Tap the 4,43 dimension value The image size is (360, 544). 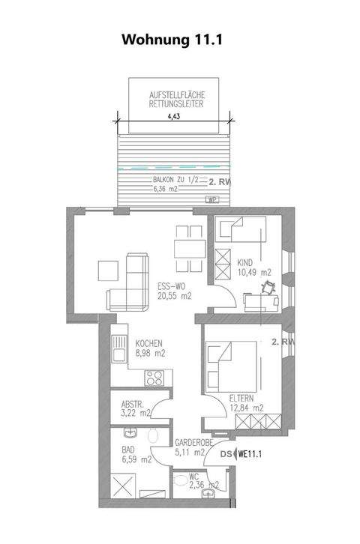tap(173, 116)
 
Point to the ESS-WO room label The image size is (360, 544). tap(172, 286)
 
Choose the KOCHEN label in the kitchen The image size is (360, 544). tap(149, 345)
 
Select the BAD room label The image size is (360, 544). tap(128, 450)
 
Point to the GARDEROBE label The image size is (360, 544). tap(190, 442)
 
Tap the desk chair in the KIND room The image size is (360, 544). tap(267, 288)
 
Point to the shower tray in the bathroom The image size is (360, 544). tap(122, 486)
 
